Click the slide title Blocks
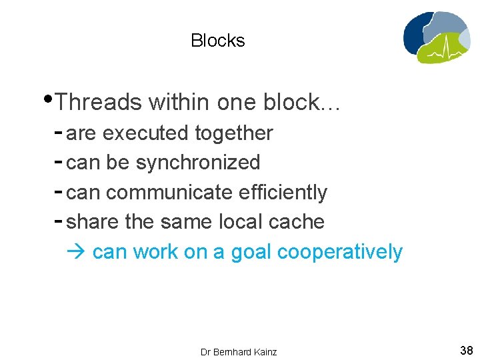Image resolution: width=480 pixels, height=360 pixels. click(x=217, y=41)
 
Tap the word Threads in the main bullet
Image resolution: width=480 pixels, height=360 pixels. click(x=99, y=103)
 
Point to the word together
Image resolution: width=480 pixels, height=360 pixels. click(x=233, y=133)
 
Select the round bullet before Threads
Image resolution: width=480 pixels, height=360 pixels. click(x=51, y=101)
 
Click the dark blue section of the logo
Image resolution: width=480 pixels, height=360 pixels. click(x=415, y=37)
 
